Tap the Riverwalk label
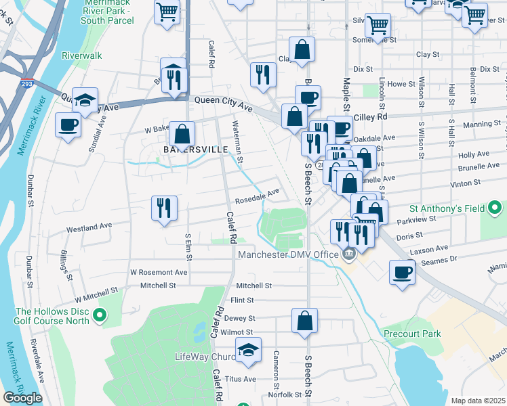[81, 55]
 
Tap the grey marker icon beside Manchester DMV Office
[349, 254]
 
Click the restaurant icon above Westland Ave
[164, 208]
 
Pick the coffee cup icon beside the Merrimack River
[68, 126]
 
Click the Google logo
[22, 398]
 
